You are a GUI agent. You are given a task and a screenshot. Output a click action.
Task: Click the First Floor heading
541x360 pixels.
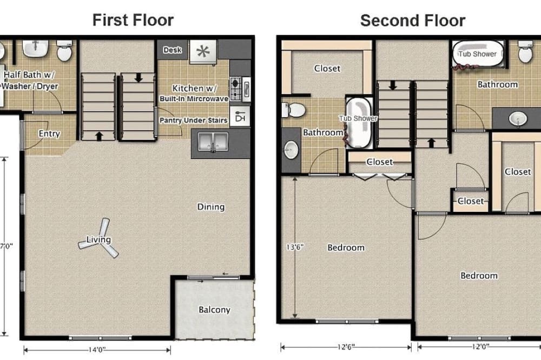tap(133, 20)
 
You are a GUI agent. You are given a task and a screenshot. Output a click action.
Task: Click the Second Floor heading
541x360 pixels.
tap(413, 21)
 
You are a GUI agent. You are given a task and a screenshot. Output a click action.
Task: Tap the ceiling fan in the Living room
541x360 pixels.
tap(99, 238)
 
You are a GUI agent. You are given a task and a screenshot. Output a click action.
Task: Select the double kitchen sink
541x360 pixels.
tap(213, 142)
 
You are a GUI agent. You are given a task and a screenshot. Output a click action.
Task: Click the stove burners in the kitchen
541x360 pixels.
tap(236, 89)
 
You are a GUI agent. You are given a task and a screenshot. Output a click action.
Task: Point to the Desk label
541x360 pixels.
tap(173, 50)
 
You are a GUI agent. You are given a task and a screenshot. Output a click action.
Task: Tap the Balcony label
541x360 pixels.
tap(214, 310)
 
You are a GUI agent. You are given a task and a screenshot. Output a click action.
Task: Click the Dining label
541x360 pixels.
tap(211, 207)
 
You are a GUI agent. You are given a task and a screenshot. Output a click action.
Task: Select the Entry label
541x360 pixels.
tap(49, 134)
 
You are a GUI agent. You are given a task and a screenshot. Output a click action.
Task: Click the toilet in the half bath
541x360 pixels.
tap(64, 50)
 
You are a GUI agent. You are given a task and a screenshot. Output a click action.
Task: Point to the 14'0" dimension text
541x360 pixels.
tap(97, 350)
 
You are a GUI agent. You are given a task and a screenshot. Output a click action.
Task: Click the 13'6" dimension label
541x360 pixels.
tap(295, 247)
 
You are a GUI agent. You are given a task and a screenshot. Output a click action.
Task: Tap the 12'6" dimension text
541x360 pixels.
tap(346, 347)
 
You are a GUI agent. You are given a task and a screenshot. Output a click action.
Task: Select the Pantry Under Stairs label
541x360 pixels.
tap(193, 121)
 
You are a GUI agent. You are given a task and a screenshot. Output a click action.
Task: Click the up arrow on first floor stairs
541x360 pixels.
tap(99, 136)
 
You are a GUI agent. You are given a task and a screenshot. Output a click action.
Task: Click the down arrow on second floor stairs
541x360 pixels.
tap(393, 85)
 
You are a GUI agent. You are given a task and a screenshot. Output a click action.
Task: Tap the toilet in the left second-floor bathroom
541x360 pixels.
tap(293, 110)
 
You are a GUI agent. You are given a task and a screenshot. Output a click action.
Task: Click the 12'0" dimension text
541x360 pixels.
tap(480, 346)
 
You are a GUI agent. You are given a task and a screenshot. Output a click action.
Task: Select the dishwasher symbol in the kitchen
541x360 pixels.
tap(240, 116)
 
